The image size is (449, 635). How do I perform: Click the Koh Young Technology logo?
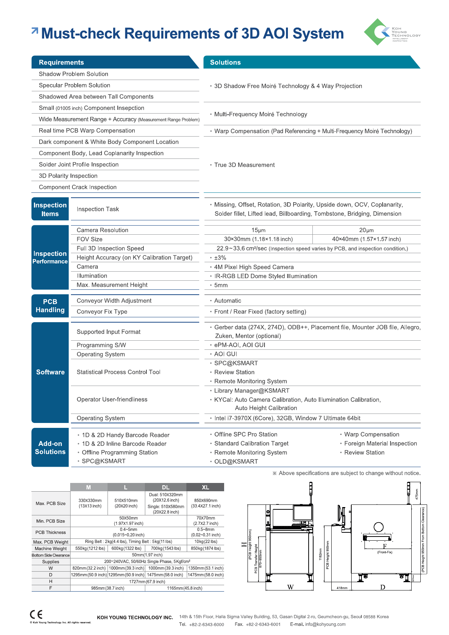click(x=391, y=32)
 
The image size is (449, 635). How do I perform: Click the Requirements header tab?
click(x=62, y=62)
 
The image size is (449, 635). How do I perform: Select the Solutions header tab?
click(x=225, y=62)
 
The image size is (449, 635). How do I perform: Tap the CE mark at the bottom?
click(x=36, y=614)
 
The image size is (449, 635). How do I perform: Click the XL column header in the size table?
click(x=205, y=487)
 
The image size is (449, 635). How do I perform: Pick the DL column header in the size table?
click(x=166, y=487)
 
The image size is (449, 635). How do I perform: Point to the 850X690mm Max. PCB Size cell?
click(x=206, y=503)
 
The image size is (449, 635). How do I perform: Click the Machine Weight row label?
click(x=51, y=549)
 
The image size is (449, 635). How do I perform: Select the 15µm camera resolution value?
click(x=258, y=230)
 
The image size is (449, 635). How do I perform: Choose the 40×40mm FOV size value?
click(x=366, y=239)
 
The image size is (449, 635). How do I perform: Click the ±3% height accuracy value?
click(x=220, y=258)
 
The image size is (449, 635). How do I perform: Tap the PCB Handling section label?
click(x=50, y=306)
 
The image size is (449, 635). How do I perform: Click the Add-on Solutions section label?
click(x=50, y=447)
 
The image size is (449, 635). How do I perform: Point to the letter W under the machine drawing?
click(x=290, y=587)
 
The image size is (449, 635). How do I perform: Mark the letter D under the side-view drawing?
click(x=383, y=587)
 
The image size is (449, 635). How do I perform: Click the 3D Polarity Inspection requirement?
click(x=68, y=176)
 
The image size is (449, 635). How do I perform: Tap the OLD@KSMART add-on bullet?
click(x=236, y=461)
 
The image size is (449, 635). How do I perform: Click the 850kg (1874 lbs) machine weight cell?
click(x=206, y=548)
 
